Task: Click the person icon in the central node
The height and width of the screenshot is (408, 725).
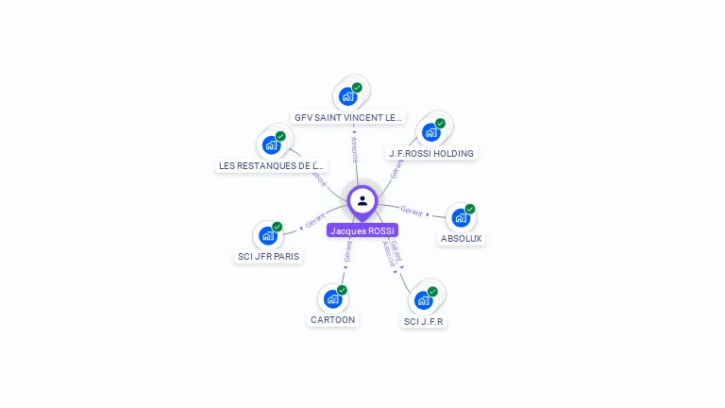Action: point(362,200)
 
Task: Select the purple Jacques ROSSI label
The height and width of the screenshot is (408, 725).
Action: point(362,230)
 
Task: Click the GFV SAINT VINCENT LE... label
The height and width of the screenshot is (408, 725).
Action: point(348,118)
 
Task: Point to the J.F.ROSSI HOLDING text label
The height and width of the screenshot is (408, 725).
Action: point(431,153)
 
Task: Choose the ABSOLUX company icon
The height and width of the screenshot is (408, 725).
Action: point(460,218)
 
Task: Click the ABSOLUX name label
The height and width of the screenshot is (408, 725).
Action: point(462,239)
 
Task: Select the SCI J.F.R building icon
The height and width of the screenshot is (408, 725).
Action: point(423,300)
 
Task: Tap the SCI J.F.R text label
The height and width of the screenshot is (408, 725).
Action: point(424,321)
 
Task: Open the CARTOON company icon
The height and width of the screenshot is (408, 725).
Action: point(332,298)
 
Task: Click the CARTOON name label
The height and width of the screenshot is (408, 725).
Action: point(333,319)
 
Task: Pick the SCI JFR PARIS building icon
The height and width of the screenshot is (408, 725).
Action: point(268,236)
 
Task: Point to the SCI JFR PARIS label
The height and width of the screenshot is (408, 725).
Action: point(269,257)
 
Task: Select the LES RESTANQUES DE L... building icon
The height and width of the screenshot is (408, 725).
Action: point(271,145)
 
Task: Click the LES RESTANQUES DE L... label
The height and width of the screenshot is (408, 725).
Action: point(271,165)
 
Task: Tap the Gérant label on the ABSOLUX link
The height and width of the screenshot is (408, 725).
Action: point(412,211)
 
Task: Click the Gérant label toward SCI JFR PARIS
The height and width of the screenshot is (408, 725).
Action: point(315,221)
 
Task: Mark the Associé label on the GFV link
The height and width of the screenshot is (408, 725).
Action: point(354,148)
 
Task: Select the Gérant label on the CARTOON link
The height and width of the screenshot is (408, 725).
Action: point(348,251)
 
